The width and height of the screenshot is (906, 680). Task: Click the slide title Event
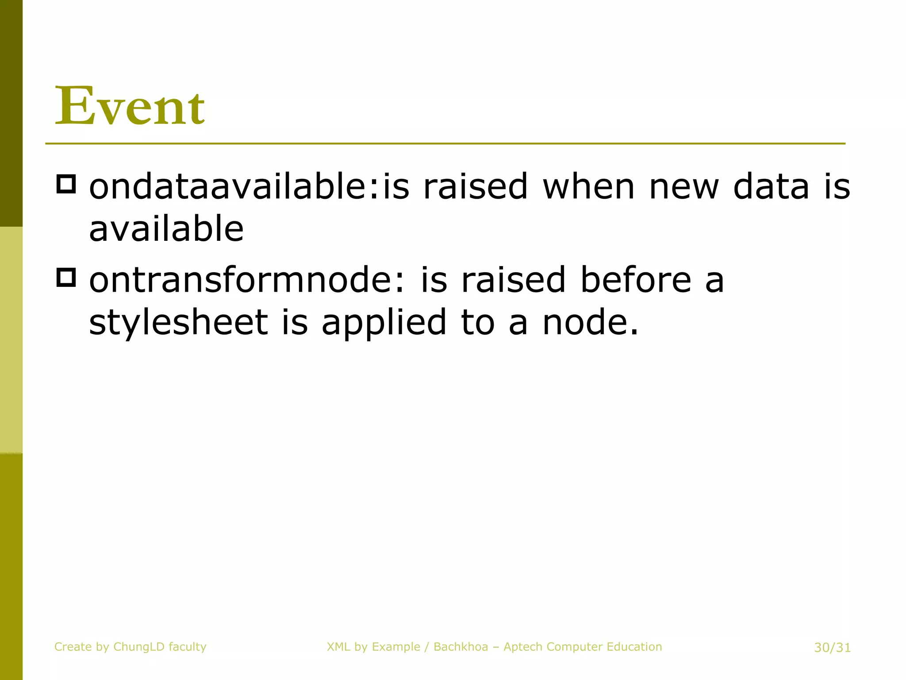point(130,106)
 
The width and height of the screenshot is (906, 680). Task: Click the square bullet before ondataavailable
point(66,184)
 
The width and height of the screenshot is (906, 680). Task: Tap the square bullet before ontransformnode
point(66,278)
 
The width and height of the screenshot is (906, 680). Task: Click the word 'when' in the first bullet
point(588,186)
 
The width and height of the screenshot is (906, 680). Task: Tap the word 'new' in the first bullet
point(684,186)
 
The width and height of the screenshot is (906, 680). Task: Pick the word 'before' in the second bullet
point(636,280)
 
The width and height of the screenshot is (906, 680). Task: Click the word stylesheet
point(178,322)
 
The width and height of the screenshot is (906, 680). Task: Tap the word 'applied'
point(384,323)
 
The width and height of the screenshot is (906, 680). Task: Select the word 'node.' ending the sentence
point(590,322)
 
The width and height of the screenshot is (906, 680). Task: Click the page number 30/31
point(832,648)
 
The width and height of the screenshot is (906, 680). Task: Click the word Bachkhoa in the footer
point(461,647)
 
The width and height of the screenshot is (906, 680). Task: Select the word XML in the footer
point(338,647)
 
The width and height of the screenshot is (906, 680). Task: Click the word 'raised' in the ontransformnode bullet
point(513,280)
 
